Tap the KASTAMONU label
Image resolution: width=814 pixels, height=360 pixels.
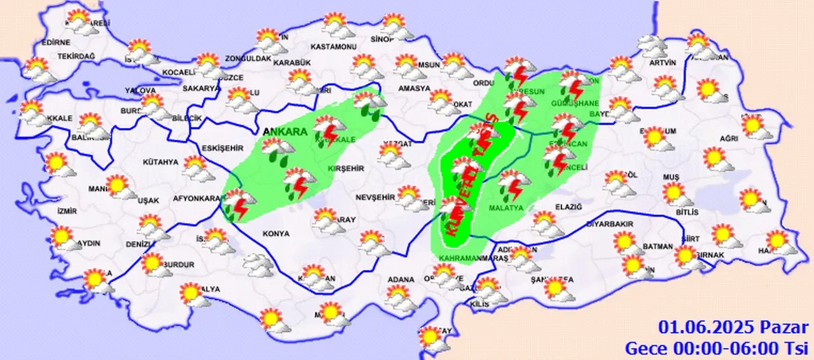[334, 46]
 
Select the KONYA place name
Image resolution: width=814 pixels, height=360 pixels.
[275, 233]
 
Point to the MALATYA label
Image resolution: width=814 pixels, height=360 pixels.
[506, 208]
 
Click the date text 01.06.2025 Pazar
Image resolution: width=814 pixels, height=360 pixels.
[733, 328]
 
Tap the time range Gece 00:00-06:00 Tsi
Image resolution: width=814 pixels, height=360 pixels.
[716, 348]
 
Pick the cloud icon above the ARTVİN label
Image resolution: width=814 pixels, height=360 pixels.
[653, 45]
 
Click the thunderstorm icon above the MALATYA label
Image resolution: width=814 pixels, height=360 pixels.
[514, 185]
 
